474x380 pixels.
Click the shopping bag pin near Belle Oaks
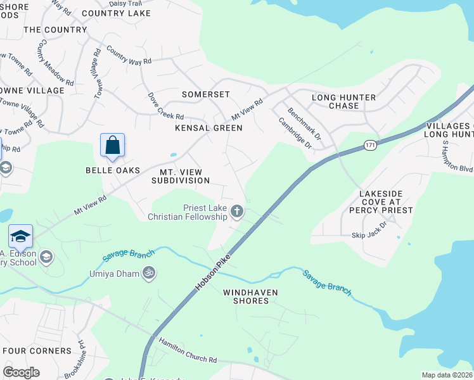[112, 145]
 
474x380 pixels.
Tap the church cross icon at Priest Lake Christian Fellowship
[237, 212]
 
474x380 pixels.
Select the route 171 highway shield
[371, 146]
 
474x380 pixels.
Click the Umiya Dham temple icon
[149, 273]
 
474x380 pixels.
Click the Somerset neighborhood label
[205, 94]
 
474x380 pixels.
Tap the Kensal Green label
[209, 128]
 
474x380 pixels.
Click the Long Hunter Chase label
[344, 101]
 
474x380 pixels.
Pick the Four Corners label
[37, 351]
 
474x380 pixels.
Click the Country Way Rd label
[129, 56]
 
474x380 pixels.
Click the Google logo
[21, 372]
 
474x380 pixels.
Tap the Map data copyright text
[447, 375]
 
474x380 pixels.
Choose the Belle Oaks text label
[113, 170]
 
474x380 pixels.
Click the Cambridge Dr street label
[296, 133]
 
